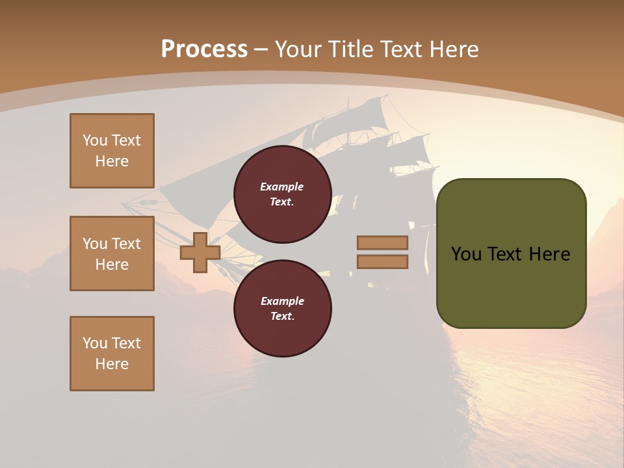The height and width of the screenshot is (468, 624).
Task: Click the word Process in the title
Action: (x=204, y=49)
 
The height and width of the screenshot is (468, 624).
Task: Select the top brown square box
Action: (x=112, y=151)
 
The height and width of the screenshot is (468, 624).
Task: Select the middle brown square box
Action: (x=112, y=253)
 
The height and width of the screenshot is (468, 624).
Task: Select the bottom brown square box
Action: (x=112, y=354)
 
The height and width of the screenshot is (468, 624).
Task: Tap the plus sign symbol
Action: (x=200, y=252)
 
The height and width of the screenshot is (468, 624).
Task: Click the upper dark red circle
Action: (x=283, y=194)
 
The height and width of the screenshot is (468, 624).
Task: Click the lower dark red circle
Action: (x=283, y=309)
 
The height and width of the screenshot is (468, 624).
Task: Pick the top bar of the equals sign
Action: (x=382, y=242)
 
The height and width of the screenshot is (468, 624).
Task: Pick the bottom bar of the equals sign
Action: (x=382, y=261)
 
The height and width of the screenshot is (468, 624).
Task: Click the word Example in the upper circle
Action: (x=282, y=187)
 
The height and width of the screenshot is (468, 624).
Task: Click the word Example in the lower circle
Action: (x=282, y=301)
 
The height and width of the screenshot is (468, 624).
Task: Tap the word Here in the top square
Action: (x=112, y=161)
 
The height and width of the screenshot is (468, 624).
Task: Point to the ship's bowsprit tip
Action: (x=123, y=202)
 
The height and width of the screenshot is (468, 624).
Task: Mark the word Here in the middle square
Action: (x=112, y=265)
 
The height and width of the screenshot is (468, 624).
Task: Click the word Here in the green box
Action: (x=549, y=254)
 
